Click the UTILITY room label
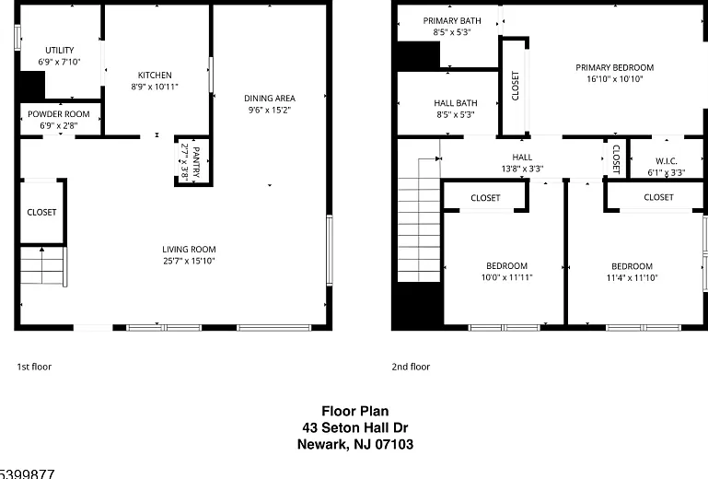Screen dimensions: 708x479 [60, 50]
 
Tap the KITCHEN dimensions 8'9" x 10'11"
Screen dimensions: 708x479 [155, 87]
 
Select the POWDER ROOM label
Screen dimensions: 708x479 [59, 114]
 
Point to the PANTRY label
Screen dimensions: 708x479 [196, 162]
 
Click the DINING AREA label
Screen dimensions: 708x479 [270, 98]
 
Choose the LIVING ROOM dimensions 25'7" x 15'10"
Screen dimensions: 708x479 [189, 261]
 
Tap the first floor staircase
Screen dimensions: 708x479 [43, 265]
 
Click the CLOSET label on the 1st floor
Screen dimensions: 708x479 [41, 212]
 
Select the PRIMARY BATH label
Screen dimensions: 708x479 [452, 21]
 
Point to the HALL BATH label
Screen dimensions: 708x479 [456, 103]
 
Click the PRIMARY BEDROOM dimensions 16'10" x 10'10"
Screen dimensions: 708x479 [614, 79]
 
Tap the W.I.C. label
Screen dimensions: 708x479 [667, 161]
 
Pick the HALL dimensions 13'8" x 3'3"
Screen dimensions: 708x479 [522, 169]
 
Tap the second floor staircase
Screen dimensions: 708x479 [419, 230]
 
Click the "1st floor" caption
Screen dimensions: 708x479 [34, 367]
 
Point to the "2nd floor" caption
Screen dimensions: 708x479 [411, 367]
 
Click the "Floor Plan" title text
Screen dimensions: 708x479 [354, 411]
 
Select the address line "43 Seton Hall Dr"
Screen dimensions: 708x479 [354, 427]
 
